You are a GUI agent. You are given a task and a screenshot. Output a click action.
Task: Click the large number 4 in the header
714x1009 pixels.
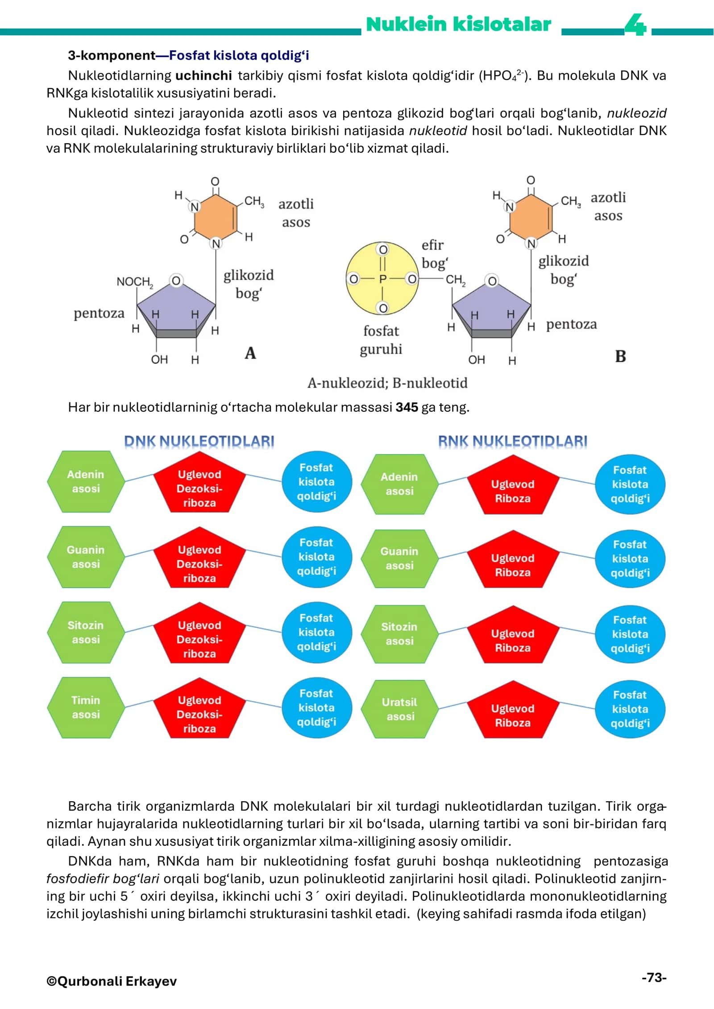[635, 25]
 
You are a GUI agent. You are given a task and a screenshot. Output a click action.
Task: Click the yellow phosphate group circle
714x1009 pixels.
[382, 279]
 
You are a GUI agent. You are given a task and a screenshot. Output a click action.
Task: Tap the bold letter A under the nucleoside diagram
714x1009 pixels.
[250, 353]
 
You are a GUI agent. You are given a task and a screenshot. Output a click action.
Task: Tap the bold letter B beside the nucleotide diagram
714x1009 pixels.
[620, 356]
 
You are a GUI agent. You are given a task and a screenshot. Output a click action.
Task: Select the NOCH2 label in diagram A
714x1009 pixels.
[135, 282]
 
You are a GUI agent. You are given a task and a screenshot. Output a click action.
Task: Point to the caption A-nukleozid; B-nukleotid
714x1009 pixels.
[387, 383]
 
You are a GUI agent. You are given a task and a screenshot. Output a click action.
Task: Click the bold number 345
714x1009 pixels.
[407, 407]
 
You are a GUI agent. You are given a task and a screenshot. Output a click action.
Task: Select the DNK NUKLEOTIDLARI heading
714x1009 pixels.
[199, 441]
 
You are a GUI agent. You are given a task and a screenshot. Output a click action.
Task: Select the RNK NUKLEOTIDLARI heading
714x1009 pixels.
[512, 441]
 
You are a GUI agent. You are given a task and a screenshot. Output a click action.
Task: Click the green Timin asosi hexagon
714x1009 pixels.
[86, 707]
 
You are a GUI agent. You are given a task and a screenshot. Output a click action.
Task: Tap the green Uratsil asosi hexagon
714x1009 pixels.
[400, 709]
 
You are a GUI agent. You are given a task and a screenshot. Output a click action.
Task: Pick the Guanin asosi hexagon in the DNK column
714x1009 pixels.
[86, 557]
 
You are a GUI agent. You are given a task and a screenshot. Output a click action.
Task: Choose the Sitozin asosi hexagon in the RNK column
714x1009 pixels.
[400, 634]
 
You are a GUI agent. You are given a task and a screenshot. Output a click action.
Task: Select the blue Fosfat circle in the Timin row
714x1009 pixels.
[317, 707]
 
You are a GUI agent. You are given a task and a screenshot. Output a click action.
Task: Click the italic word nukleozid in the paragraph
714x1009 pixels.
[637, 113]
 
